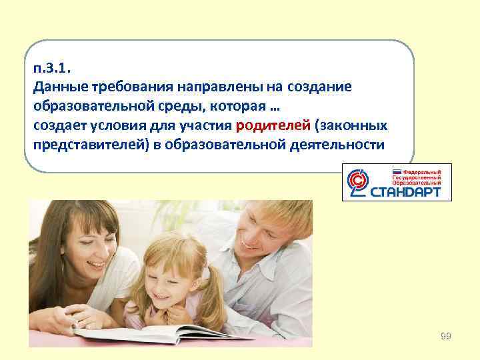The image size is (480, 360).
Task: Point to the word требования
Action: pos(125,87)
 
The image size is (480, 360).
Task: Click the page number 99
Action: pos(445,336)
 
